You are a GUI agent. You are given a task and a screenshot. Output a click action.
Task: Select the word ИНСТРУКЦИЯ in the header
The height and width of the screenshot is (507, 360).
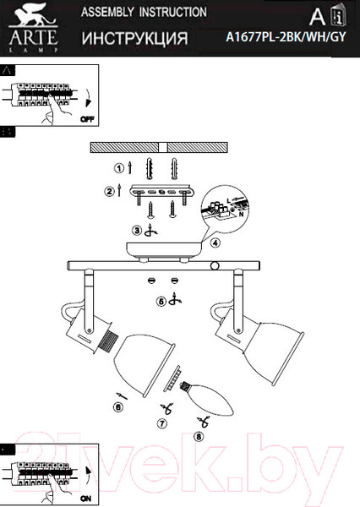point(134,39)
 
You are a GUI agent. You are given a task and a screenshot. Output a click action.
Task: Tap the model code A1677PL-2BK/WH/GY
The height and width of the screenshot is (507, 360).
point(286,37)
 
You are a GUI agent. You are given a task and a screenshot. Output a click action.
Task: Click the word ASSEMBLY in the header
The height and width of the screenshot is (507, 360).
point(107,12)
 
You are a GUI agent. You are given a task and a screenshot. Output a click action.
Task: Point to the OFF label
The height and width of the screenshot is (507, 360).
point(87,119)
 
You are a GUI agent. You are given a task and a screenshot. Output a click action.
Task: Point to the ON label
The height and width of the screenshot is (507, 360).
point(85,499)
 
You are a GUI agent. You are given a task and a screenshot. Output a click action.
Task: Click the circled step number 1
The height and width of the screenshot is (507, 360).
point(119,168)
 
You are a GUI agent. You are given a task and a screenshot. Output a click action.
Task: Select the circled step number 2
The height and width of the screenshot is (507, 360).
point(109,192)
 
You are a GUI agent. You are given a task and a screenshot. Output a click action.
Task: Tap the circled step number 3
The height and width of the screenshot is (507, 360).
point(137,230)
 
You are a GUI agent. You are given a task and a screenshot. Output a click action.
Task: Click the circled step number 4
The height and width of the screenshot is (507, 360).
point(215,243)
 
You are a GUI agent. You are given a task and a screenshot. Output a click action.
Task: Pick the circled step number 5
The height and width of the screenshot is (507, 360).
point(161,302)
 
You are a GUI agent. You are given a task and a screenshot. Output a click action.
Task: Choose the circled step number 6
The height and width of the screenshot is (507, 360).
point(118,407)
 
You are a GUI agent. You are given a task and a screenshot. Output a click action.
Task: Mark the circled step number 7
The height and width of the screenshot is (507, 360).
point(162,423)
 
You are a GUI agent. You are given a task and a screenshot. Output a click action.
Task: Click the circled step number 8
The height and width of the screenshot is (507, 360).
point(199,437)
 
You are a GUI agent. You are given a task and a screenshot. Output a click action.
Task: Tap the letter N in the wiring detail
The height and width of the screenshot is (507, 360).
point(241,214)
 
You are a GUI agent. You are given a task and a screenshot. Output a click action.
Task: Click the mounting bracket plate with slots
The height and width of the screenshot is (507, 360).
point(161,192)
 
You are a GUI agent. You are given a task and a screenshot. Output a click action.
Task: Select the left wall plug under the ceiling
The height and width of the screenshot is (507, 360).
point(149,168)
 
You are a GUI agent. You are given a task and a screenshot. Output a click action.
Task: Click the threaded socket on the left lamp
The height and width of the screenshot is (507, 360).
point(108,342)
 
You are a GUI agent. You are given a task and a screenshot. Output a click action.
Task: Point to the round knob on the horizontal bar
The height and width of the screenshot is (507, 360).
point(215,266)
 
